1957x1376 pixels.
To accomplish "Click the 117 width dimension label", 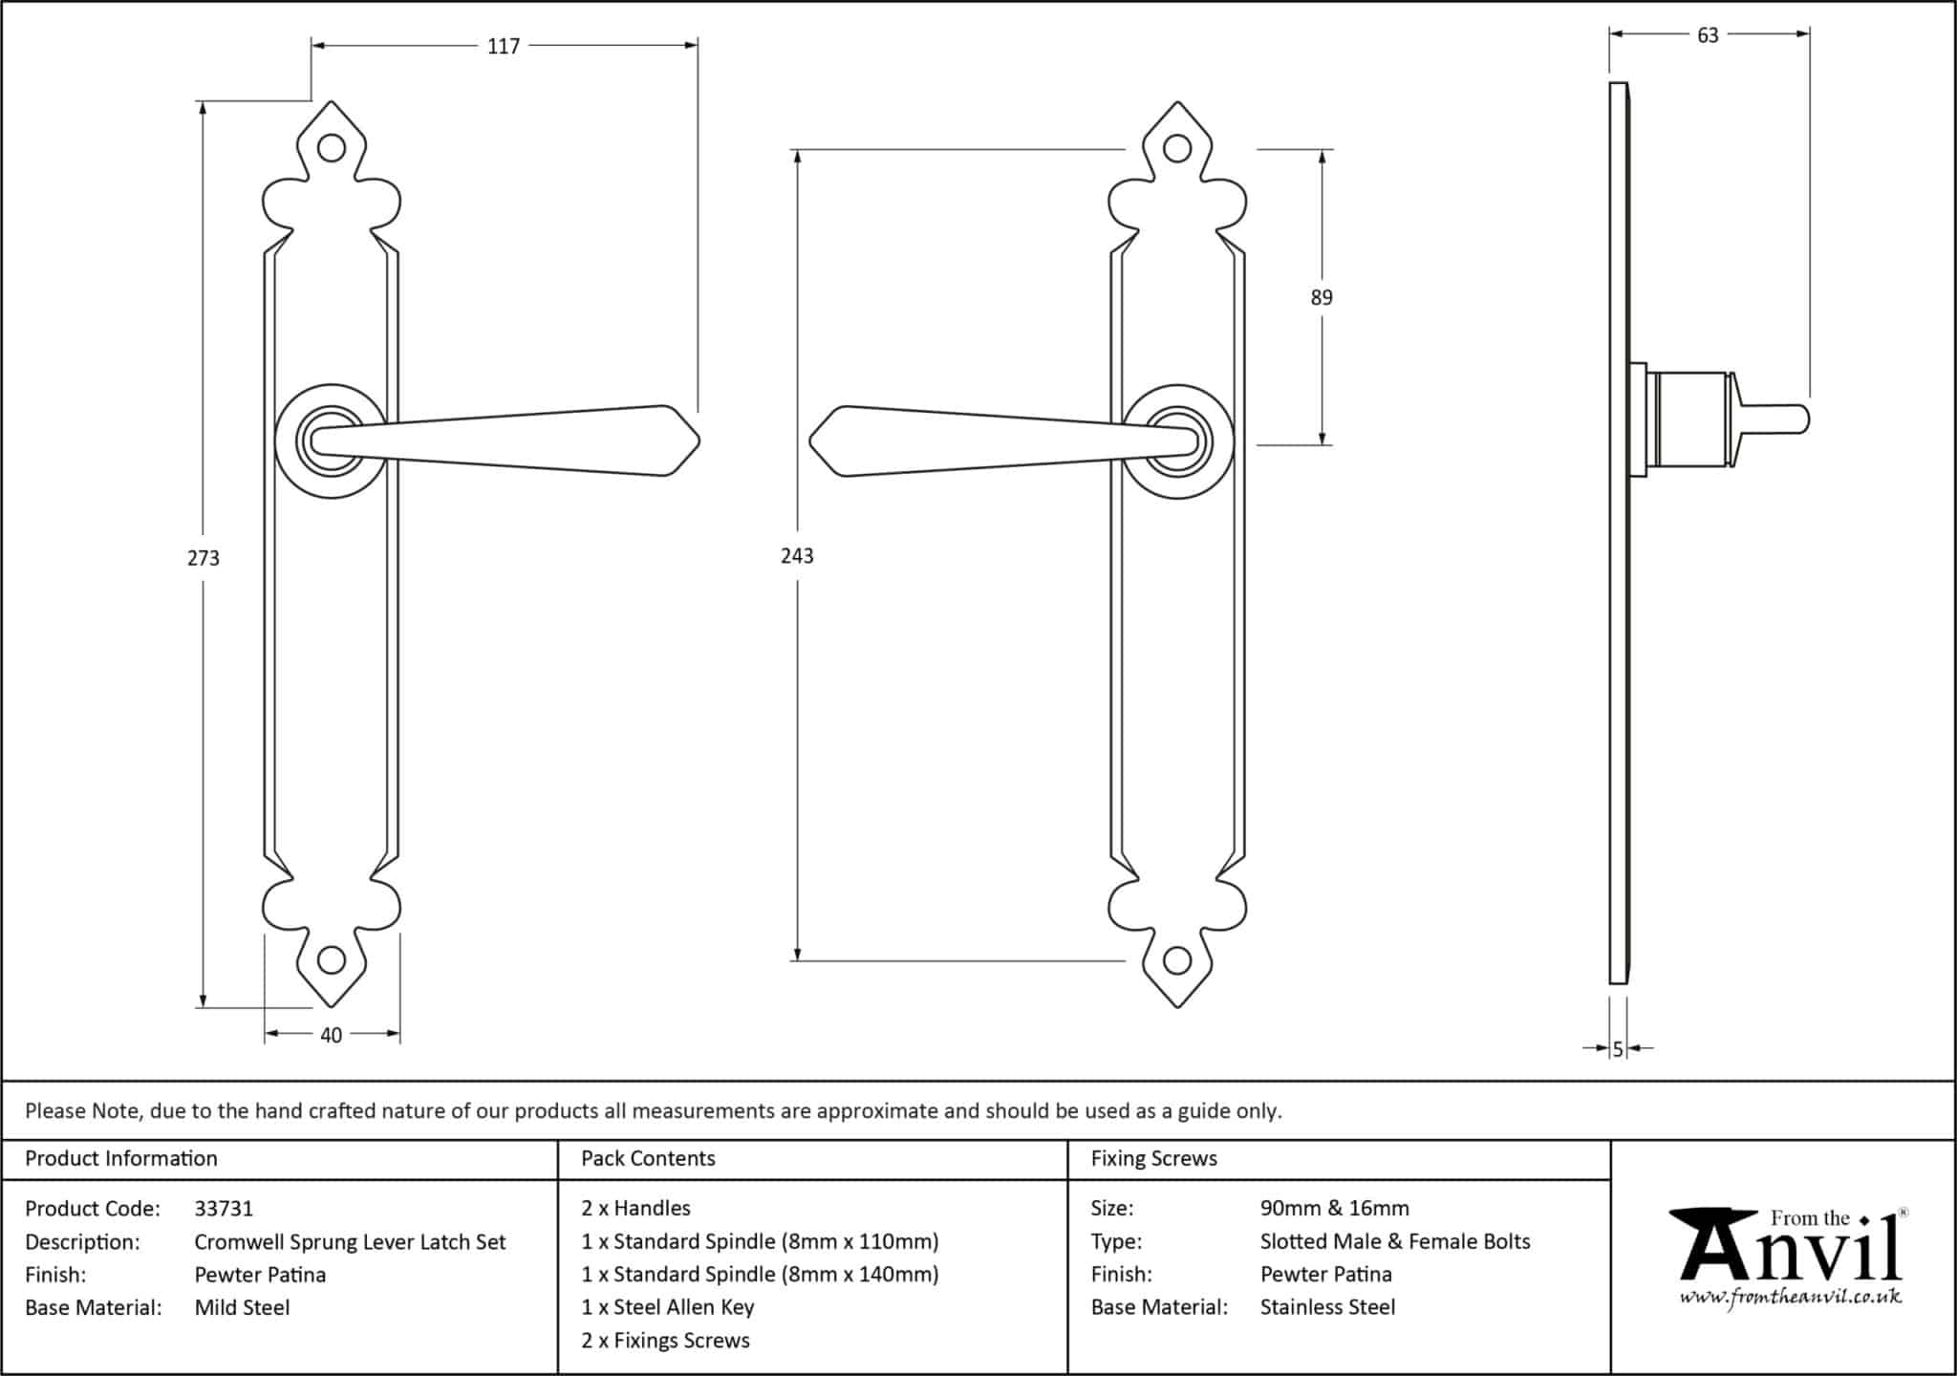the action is point(504,46).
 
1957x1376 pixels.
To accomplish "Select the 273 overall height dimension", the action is point(204,558).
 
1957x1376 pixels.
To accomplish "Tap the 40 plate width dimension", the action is point(331,1035).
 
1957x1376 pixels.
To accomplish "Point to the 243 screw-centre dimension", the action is point(797,556).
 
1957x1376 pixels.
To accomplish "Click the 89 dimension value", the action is point(1322,297).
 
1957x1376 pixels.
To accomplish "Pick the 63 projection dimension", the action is point(1708,35).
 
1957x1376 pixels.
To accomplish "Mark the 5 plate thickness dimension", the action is point(1618,1049).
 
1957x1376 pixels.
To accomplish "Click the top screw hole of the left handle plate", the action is point(332,148).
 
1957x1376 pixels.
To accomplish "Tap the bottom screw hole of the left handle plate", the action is point(332,959).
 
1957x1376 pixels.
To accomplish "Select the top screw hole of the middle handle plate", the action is point(1178,148).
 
